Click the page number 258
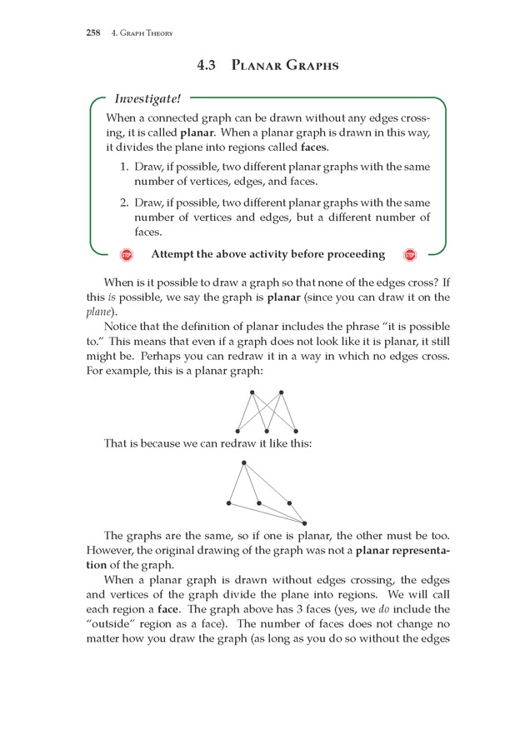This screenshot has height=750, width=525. pyautogui.click(x=93, y=33)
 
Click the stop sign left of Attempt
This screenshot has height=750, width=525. pyautogui.click(x=127, y=255)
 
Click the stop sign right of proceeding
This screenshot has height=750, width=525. pyautogui.click(x=409, y=255)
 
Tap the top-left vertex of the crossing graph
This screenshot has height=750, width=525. pyautogui.click(x=252, y=392)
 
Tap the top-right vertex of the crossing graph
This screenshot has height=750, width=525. pyautogui.click(x=282, y=392)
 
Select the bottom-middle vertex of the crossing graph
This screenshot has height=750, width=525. pyautogui.click(x=267, y=431)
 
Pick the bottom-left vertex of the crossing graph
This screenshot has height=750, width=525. pyautogui.click(x=237, y=431)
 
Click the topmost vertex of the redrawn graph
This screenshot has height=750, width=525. pyautogui.click(x=243, y=462)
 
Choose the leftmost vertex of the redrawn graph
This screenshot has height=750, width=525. pyautogui.click(x=229, y=503)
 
